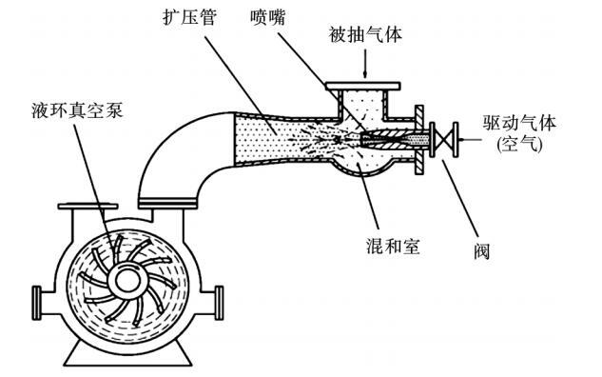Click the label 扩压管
click(x=189, y=17)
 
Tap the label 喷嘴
click(x=268, y=17)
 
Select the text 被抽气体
click(x=365, y=34)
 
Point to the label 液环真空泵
click(x=77, y=110)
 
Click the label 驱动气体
click(x=519, y=123)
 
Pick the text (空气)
click(x=519, y=145)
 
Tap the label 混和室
click(x=393, y=246)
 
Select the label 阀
click(x=481, y=251)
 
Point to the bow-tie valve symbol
click(x=444, y=139)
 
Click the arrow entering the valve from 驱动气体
click(x=470, y=140)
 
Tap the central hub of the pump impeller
click(x=127, y=282)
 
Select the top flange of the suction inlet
click(x=362, y=86)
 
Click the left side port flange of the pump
click(x=36, y=303)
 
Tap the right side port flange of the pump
click(x=219, y=303)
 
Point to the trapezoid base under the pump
click(x=127, y=355)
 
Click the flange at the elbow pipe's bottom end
click(x=167, y=203)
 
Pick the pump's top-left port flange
click(x=87, y=207)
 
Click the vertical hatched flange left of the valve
click(x=419, y=140)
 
